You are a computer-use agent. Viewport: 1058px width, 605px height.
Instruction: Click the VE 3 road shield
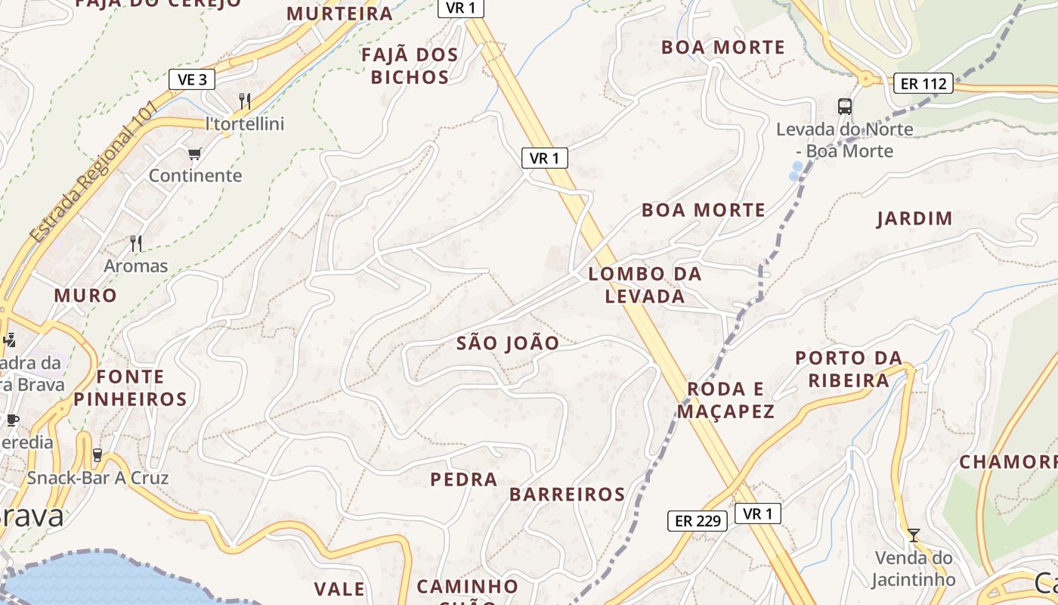(x=192, y=79)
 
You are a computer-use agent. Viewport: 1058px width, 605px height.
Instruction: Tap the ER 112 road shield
(x=923, y=83)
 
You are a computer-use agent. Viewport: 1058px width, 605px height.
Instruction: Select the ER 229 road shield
(x=697, y=520)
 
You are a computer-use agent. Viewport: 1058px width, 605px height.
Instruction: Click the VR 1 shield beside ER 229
(x=757, y=513)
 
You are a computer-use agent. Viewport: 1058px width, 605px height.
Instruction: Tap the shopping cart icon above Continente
(x=195, y=154)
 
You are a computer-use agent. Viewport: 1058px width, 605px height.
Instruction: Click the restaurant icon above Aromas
(x=136, y=243)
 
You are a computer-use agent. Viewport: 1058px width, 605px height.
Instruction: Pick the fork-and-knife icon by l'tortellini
(x=244, y=101)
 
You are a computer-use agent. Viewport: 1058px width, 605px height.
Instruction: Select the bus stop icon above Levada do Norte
(x=844, y=107)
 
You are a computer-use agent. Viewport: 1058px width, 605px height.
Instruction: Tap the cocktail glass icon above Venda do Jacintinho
(x=914, y=535)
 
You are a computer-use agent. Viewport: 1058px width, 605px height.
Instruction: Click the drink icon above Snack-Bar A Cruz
(x=97, y=455)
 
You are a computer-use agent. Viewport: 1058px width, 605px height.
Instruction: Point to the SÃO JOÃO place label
(x=508, y=343)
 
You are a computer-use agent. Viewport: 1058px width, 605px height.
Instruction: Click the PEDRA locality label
(x=464, y=479)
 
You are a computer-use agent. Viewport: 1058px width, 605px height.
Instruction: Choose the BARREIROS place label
(x=567, y=495)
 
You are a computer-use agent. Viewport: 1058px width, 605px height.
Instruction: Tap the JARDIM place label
(x=914, y=219)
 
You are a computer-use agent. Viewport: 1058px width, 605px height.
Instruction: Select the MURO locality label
(x=85, y=296)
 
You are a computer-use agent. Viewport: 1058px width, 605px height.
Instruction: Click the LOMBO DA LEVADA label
(x=645, y=285)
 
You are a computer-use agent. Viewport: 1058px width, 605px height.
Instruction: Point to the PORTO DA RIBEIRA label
(x=849, y=368)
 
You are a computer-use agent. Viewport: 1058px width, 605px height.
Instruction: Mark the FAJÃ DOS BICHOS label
(x=410, y=66)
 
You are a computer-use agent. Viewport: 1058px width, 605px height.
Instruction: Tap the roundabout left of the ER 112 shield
(x=866, y=79)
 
